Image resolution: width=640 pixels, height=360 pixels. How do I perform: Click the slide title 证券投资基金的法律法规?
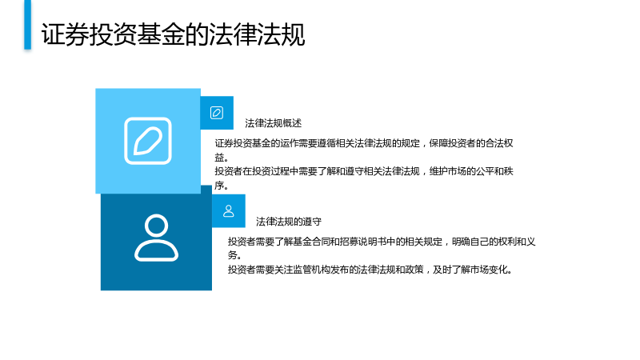[x=173, y=34]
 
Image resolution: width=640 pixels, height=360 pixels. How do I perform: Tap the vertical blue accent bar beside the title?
[x=27, y=25]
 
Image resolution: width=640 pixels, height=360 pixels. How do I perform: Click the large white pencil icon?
[x=148, y=141]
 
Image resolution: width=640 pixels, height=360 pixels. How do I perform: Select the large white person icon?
[x=156, y=238]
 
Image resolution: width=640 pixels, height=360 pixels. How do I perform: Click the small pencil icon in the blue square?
[x=217, y=113]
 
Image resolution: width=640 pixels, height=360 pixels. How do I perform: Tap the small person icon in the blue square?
[x=229, y=210]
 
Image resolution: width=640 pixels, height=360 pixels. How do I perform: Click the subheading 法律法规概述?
[x=273, y=123]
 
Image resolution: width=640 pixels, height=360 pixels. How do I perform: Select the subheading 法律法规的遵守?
[x=289, y=222]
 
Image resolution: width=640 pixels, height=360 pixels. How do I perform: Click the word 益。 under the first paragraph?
[x=222, y=158]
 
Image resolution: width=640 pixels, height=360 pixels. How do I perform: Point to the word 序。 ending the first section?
[x=222, y=186]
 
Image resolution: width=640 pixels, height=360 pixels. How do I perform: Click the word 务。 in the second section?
[x=234, y=255]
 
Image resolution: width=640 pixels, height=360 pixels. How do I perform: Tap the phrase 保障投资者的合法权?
[x=471, y=143]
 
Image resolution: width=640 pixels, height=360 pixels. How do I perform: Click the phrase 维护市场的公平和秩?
[x=471, y=171]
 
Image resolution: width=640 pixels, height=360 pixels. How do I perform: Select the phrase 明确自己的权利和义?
[x=494, y=242]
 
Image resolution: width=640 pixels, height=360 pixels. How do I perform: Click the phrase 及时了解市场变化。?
[x=473, y=270]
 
